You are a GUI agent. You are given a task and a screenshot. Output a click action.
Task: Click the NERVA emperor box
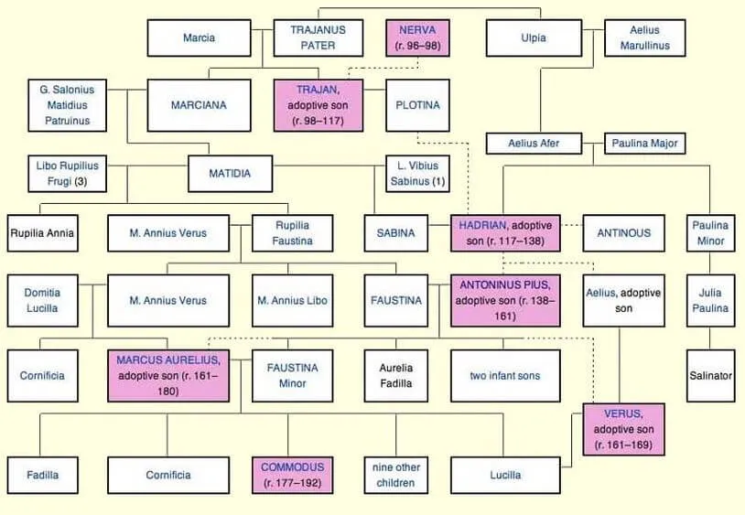(417, 38)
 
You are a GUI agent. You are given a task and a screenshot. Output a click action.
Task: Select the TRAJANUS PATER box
(318, 38)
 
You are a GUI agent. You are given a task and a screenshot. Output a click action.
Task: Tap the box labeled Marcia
(200, 38)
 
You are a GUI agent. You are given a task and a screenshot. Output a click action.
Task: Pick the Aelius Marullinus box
(644, 38)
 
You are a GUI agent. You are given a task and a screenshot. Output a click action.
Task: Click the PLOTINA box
(417, 105)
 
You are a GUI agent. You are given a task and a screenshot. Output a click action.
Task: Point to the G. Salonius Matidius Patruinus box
(67, 105)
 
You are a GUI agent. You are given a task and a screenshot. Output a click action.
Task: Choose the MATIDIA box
(230, 174)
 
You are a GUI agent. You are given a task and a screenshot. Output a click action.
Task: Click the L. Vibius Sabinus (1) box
(417, 174)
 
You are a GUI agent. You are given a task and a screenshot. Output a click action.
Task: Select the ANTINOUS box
(624, 233)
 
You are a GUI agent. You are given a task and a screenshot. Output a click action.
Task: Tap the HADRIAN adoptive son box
(505, 233)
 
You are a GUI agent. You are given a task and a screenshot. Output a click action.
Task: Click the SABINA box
(395, 233)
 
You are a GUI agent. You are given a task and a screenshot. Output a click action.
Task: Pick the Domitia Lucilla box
(42, 300)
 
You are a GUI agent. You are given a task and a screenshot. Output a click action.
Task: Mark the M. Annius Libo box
(292, 300)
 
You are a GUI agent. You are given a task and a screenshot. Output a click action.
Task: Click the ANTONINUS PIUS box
(505, 300)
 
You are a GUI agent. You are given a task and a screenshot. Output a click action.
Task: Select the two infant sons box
(505, 376)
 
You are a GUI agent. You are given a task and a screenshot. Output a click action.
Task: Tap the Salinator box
(710, 376)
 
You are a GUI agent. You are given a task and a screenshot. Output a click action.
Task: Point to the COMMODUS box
(292, 475)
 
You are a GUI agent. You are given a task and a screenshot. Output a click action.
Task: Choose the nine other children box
(395, 475)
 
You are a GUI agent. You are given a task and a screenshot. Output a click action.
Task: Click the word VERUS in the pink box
(622, 413)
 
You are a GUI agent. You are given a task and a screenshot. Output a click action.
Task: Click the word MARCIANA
(199, 105)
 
